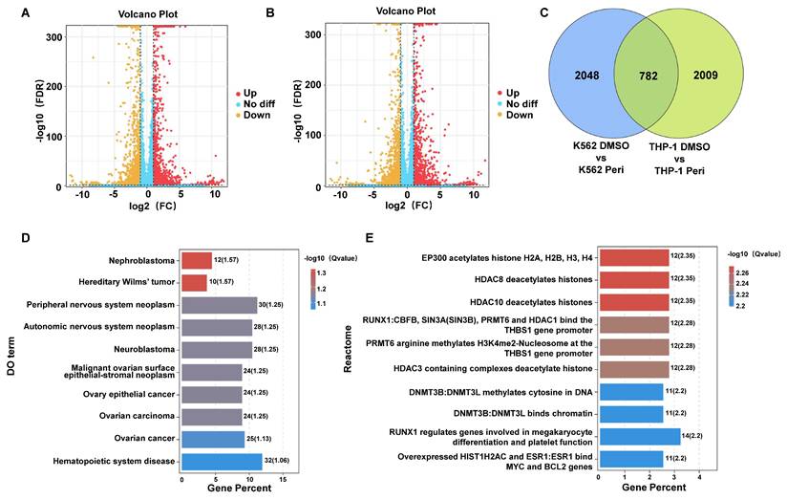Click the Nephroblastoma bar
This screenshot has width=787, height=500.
[x=197, y=260]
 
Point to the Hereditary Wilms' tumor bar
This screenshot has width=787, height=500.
[x=195, y=283]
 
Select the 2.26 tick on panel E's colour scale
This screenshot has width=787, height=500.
[x=748, y=272]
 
